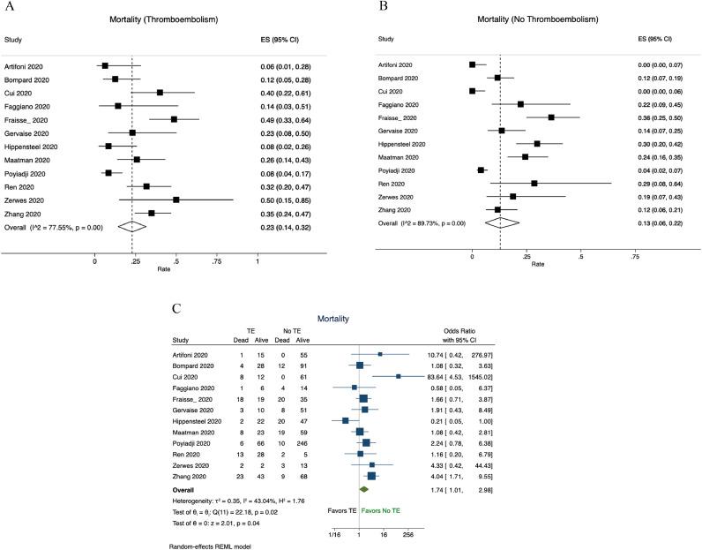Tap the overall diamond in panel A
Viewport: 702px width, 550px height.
click(131, 226)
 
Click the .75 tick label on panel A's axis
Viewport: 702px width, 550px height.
click(216, 261)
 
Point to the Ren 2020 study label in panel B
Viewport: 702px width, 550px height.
click(393, 184)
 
